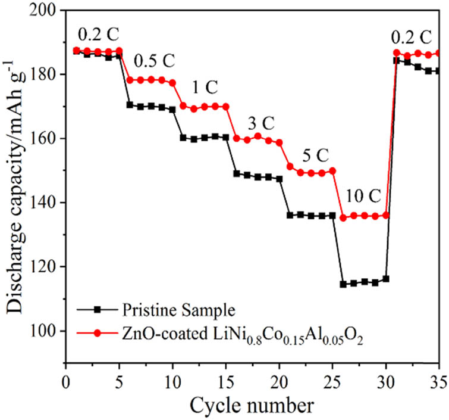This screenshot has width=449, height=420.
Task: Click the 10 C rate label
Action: pyautogui.click(x=361, y=197)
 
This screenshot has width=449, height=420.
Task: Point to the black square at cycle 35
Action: pyautogui.click(x=439, y=71)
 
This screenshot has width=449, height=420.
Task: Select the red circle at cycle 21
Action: pyautogui.click(x=290, y=166)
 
